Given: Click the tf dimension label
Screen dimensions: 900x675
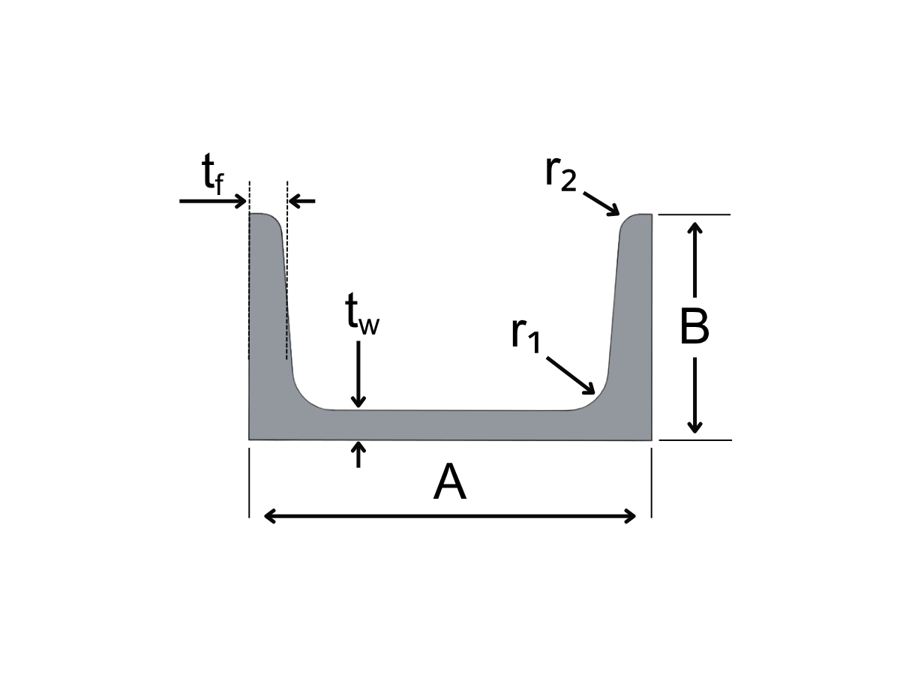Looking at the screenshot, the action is tap(213, 173).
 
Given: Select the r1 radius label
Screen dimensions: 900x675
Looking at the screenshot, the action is tap(526, 334).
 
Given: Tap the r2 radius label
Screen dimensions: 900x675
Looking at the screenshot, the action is tap(561, 173).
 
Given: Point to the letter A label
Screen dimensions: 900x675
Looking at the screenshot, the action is tap(450, 481).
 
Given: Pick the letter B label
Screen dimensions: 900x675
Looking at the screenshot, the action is tap(694, 327).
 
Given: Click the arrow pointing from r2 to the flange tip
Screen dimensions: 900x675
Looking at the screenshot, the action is tap(601, 203).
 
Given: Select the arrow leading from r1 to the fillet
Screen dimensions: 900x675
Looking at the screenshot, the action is tap(570, 376).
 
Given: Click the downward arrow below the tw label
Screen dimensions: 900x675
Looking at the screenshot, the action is tap(358, 374).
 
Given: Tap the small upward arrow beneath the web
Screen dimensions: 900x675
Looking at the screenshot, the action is tap(358, 454).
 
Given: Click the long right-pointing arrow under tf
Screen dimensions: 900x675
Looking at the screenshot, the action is tap(213, 201).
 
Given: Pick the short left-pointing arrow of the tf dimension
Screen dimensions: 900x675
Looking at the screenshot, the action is tap(302, 201).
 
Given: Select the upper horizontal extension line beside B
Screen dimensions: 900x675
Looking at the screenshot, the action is tap(694, 214).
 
